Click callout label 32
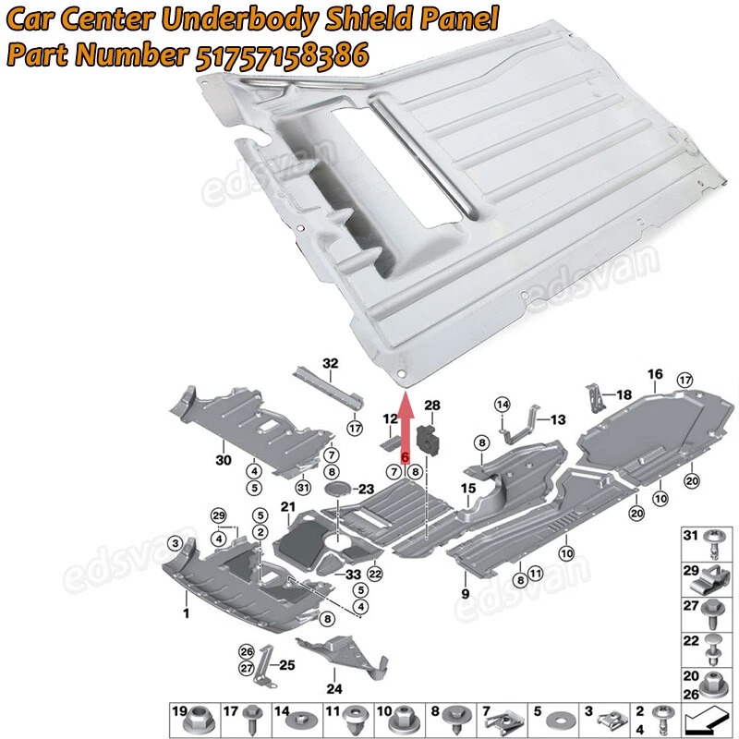tap(331, 362)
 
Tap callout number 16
tap(655, 374)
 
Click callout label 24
tap(333, 688)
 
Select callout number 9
tap(466, 592)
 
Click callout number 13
tap(557, 418)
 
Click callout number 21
tap(287, 507)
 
